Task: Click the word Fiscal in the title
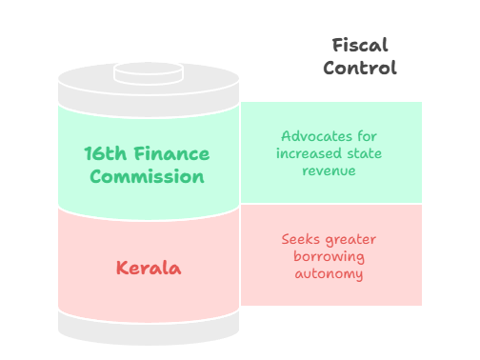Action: pos(360,46)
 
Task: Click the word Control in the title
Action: pos(360,68)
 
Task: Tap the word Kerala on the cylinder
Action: pos(148,269)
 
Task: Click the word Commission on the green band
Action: pos(148,176)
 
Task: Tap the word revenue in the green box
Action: pos(330,170)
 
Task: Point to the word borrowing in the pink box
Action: pos(330,256)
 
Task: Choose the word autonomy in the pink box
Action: pos(330,273)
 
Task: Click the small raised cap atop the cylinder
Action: pos(148,72)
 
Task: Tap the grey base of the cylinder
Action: pos(148,329)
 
